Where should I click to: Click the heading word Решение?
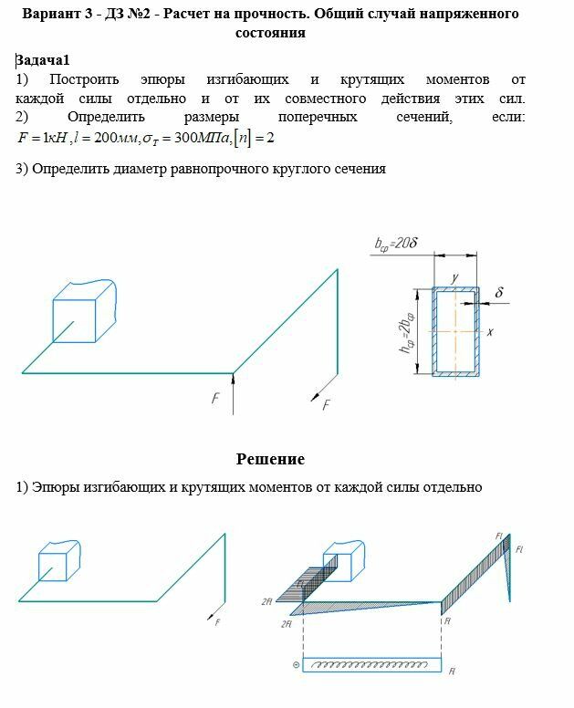click(270, 459)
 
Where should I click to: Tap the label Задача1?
click(43, 60)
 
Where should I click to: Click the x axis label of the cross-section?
click(490, 334)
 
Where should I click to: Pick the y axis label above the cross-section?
click(454, 277)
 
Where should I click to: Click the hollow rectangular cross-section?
click(454, 330)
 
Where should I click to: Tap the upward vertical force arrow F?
click(233, 387)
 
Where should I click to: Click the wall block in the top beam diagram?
click(84, 312)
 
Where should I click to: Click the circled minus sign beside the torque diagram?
click(296, 665)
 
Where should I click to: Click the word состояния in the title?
click(270, 33)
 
